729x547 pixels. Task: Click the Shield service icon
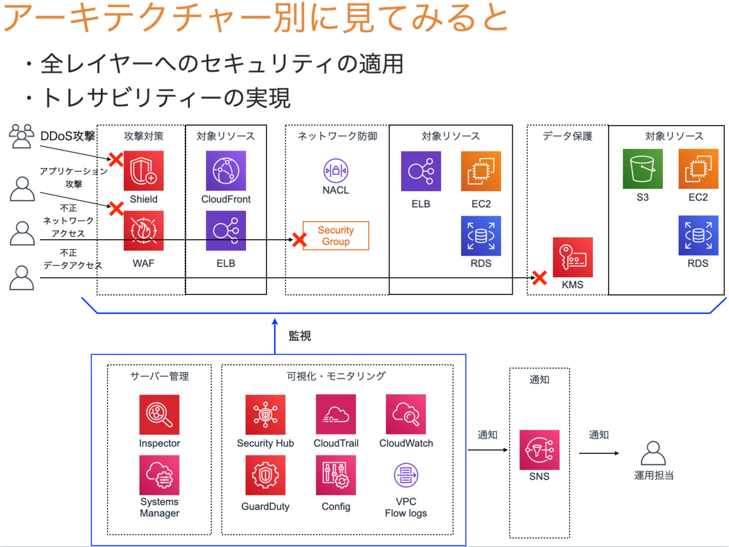point(143,171)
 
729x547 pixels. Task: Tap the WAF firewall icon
point(143,230)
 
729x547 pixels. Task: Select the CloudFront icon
point(226,171)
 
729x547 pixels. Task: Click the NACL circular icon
point(336,171)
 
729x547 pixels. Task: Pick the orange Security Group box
point(336,236)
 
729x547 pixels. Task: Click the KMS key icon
point(573,257)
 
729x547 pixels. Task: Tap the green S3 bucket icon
point(643,169)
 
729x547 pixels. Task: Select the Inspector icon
point(159,415)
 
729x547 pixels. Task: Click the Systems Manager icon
point(159,475)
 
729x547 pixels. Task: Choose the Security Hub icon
point(265,415)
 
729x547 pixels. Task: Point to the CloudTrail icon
point(336,414)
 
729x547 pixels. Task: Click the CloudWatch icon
point(406,414)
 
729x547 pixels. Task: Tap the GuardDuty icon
point(265,475)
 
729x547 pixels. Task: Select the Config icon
point(336,475)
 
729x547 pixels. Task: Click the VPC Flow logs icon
point(406,475)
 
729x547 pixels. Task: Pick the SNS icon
point(539,450)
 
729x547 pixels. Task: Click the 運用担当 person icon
point(653,454)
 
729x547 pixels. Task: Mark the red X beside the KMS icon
point(539,278)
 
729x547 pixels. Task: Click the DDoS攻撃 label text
point(68,136)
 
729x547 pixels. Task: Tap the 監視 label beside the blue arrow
point(299,336)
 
